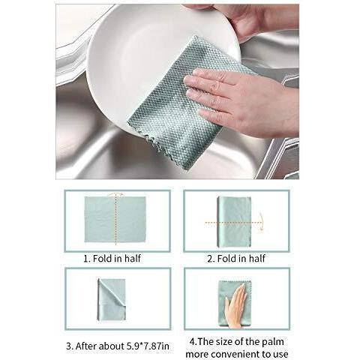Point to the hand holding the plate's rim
point(260,20)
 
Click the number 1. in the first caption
point(87,259)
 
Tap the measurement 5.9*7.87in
point(148,346)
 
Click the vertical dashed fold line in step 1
point(115,219)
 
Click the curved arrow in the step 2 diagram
point(261,221)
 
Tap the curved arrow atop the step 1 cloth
point(115,194)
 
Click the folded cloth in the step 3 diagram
point(112,299)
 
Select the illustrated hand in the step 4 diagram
point(236,305)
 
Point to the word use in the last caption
point(280,354)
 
